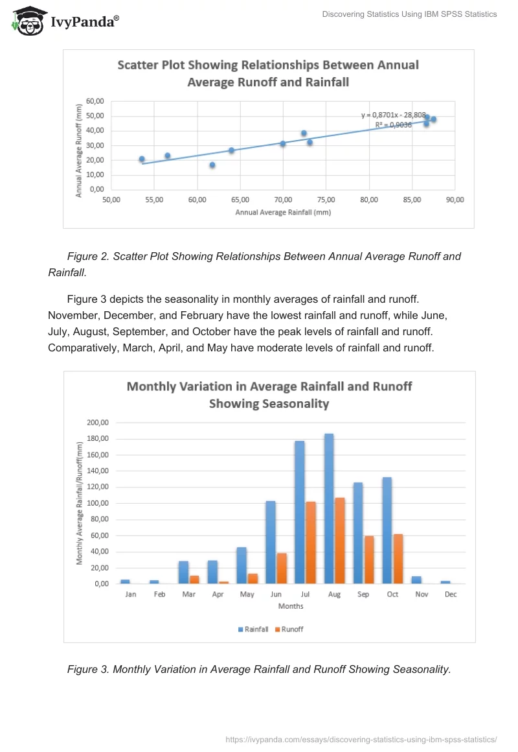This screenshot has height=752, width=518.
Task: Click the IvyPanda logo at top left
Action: tap(65, 21)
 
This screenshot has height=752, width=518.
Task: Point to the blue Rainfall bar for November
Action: tap(416, 580)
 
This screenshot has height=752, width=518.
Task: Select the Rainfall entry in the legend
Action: tap(253, 629)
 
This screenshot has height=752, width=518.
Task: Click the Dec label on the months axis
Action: tap(451, 594)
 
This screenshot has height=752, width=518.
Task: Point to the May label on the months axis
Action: tap(247, 594)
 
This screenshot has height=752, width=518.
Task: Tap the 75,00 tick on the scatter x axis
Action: tap(326, 200)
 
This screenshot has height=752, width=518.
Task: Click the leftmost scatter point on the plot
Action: tap(142, 159)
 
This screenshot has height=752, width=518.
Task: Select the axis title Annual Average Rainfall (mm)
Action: tap(283, 212)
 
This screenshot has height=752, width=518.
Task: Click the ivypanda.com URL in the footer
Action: tap(361, 739)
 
